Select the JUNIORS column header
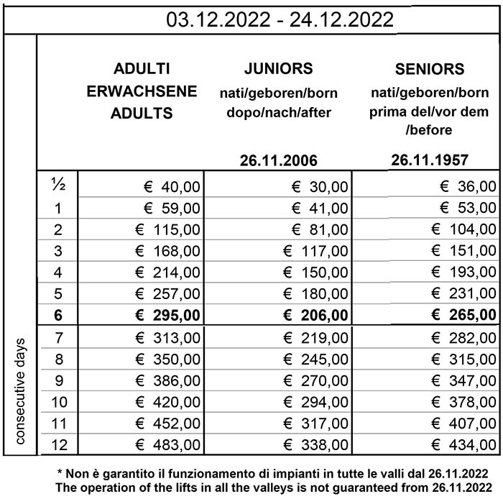(x=278, y=69)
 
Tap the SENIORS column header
(x=430, y=70)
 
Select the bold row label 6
(x=58, y=315)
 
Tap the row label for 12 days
(x=58, y=444)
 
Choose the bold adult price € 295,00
(x=167, y=315)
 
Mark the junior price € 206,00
(x=315, y=315)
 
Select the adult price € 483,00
(x=167, y=444)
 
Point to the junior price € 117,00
(x=315, y=251)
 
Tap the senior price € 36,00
(x=468, y=187)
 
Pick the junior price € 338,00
(x=315, y=444)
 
